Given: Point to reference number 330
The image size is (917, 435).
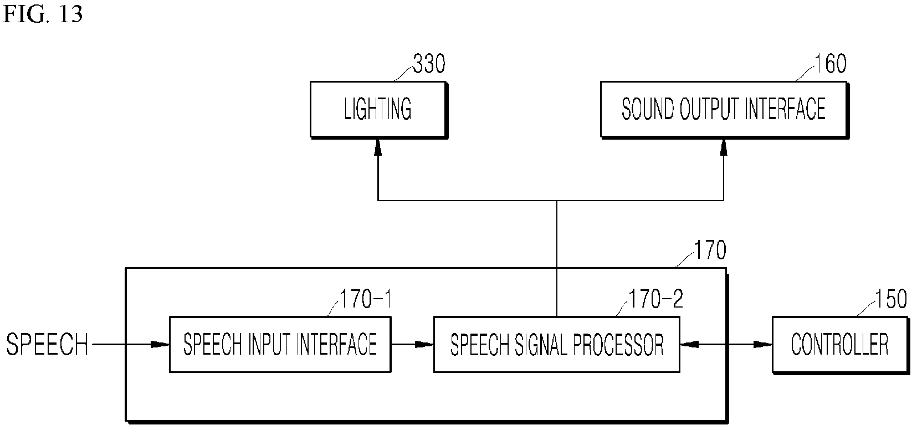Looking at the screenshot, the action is (429, 64).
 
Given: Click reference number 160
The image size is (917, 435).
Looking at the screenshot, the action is (831, 64).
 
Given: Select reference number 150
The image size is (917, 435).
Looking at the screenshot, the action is (891, 299).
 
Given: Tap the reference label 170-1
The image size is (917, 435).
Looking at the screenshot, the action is (366, 299).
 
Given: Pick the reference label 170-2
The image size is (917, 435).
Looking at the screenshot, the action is (656, 299).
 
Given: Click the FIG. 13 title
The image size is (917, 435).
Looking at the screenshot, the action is (43, 14).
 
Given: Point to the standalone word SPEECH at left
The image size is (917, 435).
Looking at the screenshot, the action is (47, 345).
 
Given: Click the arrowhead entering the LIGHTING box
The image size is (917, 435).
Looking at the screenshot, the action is (378, 147).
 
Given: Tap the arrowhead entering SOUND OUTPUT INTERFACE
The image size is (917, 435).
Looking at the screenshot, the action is (724, 147).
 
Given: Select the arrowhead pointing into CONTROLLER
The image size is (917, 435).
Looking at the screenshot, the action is (764, 345).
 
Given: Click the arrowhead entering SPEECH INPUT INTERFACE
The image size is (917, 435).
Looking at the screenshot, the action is (160, 345).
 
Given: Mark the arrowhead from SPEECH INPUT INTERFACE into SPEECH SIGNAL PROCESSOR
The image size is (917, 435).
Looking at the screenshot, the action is (424, 345).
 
